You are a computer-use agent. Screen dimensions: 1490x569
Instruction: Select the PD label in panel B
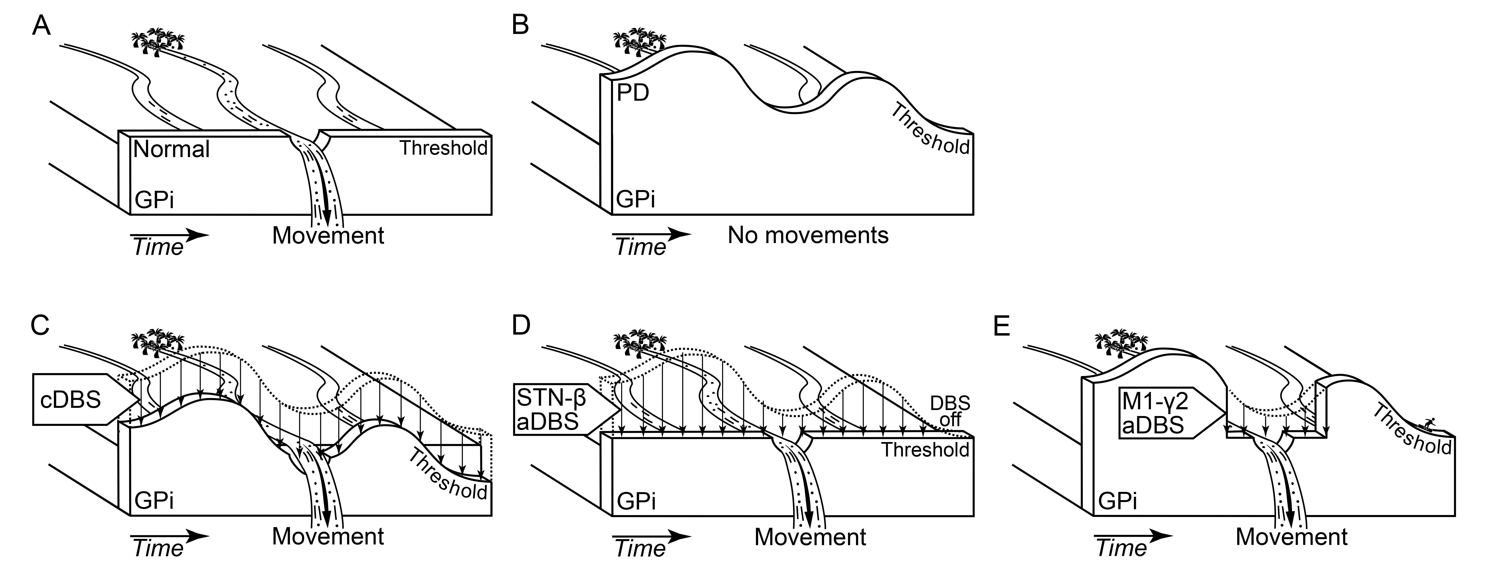point(633,93)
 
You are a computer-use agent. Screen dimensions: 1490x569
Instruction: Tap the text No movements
point(808,235)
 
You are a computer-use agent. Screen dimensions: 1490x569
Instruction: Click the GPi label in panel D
point(636,501)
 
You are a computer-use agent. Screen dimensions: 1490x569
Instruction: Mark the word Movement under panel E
point(1292,537)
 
